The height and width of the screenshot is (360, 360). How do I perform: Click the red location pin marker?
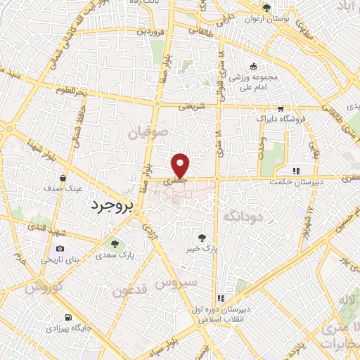click(181, 165)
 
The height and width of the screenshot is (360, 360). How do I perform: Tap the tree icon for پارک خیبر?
click(202, 238)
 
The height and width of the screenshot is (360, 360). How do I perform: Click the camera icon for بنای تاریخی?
click(60, 248)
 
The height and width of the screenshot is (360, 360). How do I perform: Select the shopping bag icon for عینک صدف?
click(64, 178)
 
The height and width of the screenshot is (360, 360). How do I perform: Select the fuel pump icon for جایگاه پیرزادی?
click(67, 317)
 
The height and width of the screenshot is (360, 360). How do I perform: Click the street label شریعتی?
click(192, 106)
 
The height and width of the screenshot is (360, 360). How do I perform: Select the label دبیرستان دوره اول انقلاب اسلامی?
click(219, 314)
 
